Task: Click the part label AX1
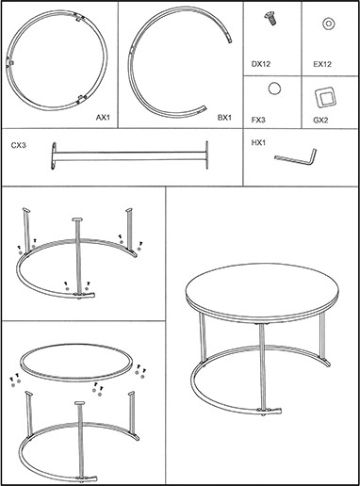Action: coord(103,118)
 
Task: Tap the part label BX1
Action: coord(224,118)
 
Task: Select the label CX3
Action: coord(19,145)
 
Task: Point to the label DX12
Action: coord(261,64)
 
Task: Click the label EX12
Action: coord(322,64)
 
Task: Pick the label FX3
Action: coord(258,120)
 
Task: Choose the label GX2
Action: coord(320,120)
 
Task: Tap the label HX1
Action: coord(258,143)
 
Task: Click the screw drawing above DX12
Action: coord(270,18)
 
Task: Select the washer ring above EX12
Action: coord(328,24)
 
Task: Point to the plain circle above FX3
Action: coord(274,89)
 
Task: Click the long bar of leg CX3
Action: coord(130,156)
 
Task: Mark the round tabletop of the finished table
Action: coord(263,293)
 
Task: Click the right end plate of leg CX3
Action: coord(206,155)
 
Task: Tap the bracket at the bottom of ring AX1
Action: coord(82,99)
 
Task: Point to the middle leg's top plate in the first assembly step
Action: coord(77,219)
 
